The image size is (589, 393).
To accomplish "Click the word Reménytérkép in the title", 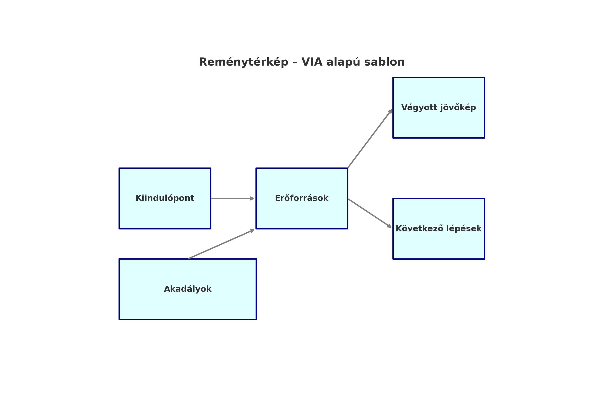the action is coord(243,62).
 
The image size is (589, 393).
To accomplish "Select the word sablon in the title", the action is coord(384,62).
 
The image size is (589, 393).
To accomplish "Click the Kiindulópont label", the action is coord(165,198).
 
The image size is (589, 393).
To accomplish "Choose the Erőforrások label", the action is coord(302,198).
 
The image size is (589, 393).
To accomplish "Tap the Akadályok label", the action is coord(187,289).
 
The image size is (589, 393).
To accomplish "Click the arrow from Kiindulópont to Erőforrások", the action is coord(233,198).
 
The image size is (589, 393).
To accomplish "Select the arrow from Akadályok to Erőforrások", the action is coord(222,244).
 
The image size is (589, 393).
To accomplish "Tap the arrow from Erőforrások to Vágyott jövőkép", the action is coord(370,138).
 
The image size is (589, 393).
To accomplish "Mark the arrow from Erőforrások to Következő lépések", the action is coord(370,213).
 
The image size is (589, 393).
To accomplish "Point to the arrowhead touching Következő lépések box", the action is coord(389,226).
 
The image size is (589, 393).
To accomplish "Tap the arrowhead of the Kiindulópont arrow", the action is coord(252,198).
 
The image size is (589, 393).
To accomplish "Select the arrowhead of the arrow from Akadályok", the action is coord(252,230).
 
